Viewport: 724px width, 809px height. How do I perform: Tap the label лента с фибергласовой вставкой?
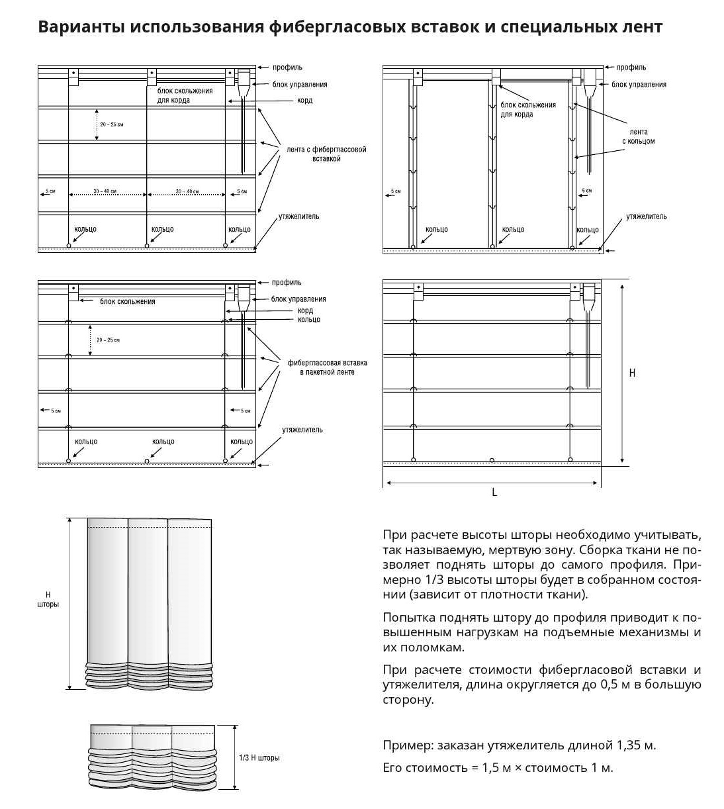pos(326,154)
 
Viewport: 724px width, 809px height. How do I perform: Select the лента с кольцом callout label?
pos(638,136)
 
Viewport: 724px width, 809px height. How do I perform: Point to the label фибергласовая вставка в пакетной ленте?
pos(327,367)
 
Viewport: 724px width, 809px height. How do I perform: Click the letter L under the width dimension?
pos(494,493)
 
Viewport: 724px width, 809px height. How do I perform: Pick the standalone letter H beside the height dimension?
pos(632,373)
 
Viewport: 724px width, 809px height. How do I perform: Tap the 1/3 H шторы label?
pos(259,757)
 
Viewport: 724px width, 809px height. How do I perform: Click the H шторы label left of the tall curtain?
pos(48,600)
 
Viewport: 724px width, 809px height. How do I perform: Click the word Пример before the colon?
pos(406,745)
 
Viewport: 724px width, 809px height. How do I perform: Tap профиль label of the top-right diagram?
pos(631,68)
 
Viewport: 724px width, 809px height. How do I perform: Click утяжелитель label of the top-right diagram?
pos(647,216)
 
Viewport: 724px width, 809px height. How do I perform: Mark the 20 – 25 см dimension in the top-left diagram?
pos(112,124)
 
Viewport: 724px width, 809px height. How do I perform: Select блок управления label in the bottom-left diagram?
pos(298,299)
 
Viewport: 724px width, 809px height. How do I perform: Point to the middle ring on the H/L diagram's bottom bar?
pos(492,459)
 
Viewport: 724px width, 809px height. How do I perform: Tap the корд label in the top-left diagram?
pos(304,101)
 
